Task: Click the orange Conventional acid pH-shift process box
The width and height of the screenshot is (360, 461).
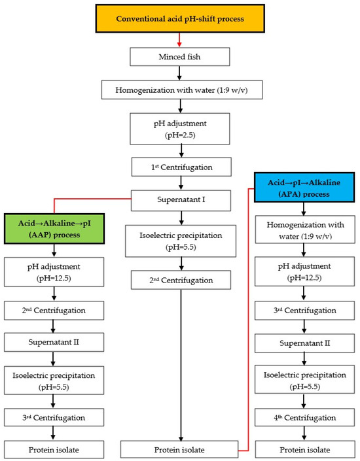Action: [179, 18]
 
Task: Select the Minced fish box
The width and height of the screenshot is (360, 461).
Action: [179, 57]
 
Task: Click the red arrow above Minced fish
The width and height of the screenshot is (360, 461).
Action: [179, 41]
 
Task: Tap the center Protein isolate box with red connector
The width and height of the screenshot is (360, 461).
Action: [179, 449]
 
